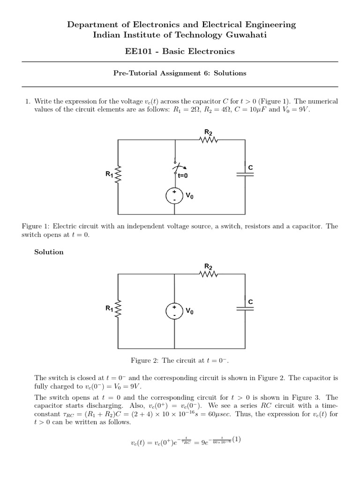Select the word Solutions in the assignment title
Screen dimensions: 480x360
click(230, 73)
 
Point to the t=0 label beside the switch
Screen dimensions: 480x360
click(183, 175)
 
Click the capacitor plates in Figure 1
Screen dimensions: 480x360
click(246, 173)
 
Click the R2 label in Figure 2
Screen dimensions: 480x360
click(209, 267)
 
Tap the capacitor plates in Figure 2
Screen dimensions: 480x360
click(246, 308)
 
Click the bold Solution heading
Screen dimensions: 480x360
click(49, 252)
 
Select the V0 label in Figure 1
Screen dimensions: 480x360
click(189, 196)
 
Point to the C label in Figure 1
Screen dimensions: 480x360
click(250, 167)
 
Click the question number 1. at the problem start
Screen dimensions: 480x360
click(27, 101)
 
